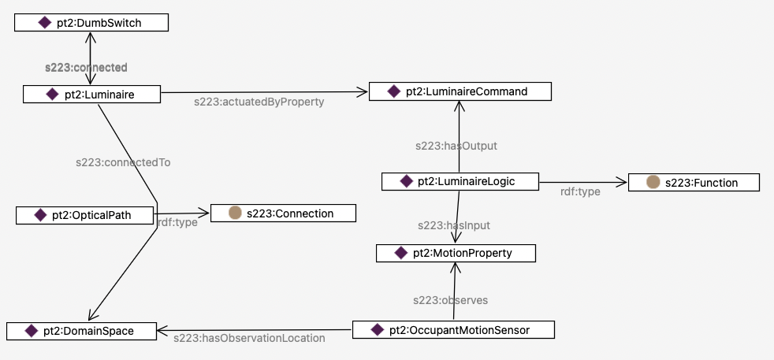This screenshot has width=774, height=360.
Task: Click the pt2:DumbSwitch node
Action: pos(91,23)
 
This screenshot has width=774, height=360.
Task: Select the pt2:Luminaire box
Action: pos(92,95)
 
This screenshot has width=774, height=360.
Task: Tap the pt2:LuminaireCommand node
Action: pos(460,91)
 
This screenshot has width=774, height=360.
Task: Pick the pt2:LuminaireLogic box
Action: pos(460,181)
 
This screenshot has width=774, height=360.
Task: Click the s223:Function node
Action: pos(694,183)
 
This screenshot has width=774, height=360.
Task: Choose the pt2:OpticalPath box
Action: pos(85,214)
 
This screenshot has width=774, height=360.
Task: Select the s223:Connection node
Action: pos(283,213)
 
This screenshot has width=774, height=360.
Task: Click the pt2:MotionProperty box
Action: pos(456,253)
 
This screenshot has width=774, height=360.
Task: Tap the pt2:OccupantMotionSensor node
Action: pos(453,329)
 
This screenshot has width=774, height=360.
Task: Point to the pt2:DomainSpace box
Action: pos(81,331)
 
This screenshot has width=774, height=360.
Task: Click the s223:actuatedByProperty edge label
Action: pos(259,102)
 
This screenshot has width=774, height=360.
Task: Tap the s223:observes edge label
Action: pos(451,300)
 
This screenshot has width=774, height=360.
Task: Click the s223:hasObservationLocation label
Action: pos(249,338)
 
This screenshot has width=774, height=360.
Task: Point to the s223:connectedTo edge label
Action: pos(123,162)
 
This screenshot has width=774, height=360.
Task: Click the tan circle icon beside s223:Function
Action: pos(653,183)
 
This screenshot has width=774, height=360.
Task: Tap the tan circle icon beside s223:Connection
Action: pos(234,213)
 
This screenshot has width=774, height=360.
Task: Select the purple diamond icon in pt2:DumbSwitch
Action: pos(45,23)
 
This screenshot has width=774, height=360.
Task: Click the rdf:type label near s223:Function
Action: pos(581,191)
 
